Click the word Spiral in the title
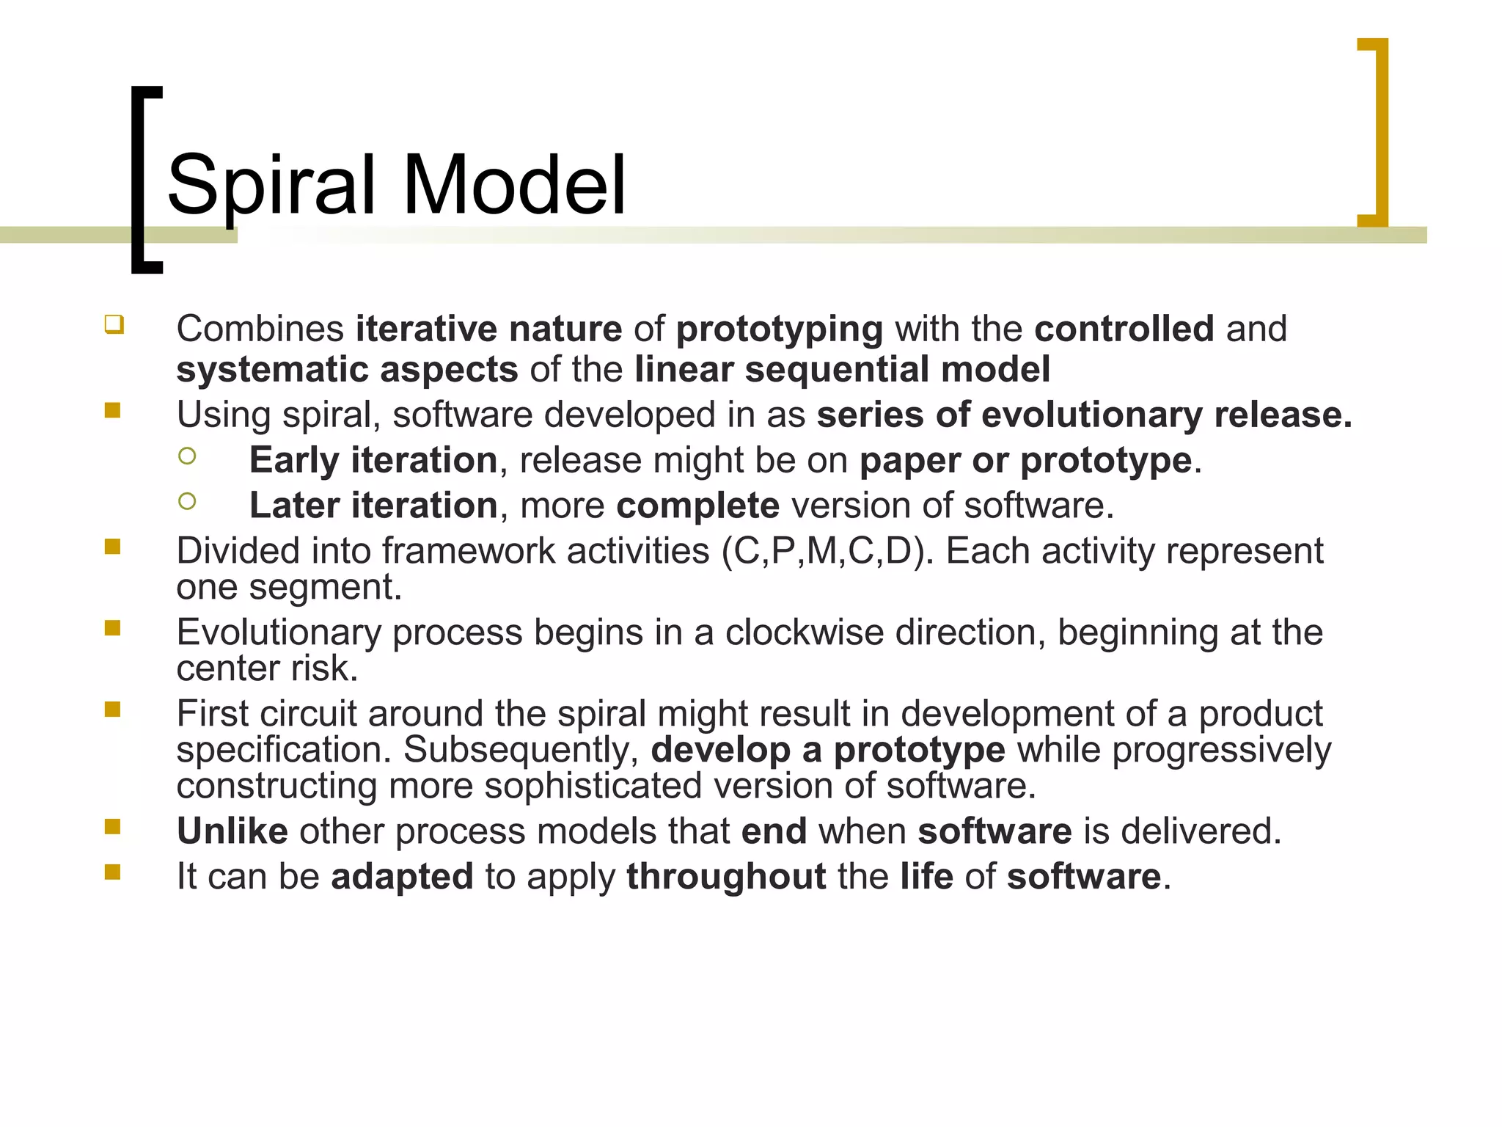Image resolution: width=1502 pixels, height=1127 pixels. (271, 185)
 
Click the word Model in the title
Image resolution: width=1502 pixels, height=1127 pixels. (513, 185)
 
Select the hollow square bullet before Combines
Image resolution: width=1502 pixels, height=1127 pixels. (114, 324)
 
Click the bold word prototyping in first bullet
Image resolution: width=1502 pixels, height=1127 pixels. (779, 329)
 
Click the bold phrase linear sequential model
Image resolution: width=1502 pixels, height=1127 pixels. (842, 369)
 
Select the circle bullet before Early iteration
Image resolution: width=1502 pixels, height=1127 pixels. (187, 456)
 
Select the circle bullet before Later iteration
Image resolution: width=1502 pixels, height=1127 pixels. (187, 501)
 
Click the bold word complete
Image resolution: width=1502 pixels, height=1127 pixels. (697, 506)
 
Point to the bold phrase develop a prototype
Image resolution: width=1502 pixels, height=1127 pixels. (827, 750)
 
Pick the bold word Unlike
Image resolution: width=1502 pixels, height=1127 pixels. (232, 831)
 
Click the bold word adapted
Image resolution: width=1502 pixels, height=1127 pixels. (402, 877)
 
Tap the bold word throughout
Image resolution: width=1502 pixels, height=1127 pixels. (726, 877)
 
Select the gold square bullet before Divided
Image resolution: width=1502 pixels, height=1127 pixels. (112, 547)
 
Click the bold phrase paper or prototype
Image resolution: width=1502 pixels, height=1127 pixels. (1025, 461)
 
